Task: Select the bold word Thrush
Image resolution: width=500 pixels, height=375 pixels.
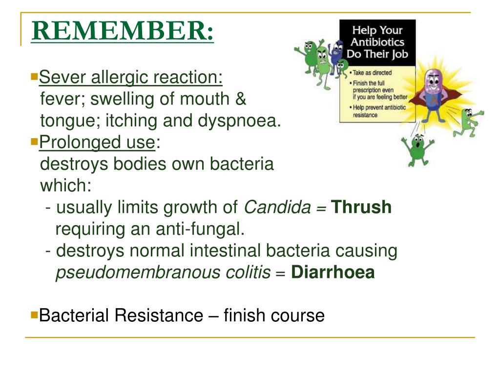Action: coord(361,207)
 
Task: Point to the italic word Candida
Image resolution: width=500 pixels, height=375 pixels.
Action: coord(277,207)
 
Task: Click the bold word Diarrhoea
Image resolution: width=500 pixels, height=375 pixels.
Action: coord(333,272)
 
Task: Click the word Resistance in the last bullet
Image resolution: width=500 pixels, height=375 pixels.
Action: coord(159,315)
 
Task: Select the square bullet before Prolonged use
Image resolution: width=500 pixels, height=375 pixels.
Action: coord(34,141)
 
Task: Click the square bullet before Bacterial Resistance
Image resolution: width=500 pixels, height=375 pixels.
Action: coord(34,315)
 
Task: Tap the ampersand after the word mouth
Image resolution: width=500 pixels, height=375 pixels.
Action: coord(241,99)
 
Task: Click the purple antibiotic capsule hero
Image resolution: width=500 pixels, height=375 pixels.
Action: coord(434,95)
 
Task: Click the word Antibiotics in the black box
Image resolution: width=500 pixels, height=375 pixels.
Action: coord(377,42)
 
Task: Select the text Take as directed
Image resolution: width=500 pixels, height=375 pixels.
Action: coord(372,73)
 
